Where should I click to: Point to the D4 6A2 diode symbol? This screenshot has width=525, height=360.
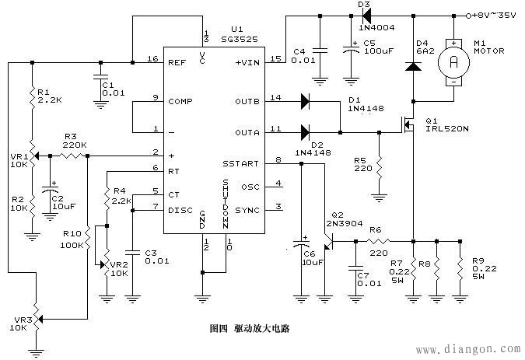pyautogui.click(x=414, y=67)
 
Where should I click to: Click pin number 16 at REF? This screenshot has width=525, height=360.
pyautogui.click(x=152, y=59)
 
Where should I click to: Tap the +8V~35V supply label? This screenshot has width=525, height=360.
pyautogui.click(x=497, y=15)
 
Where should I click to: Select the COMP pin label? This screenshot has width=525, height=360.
pyautogui.click(x=180, y=101)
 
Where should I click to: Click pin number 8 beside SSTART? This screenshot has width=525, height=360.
pyautogui.click(x=278, y=159)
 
